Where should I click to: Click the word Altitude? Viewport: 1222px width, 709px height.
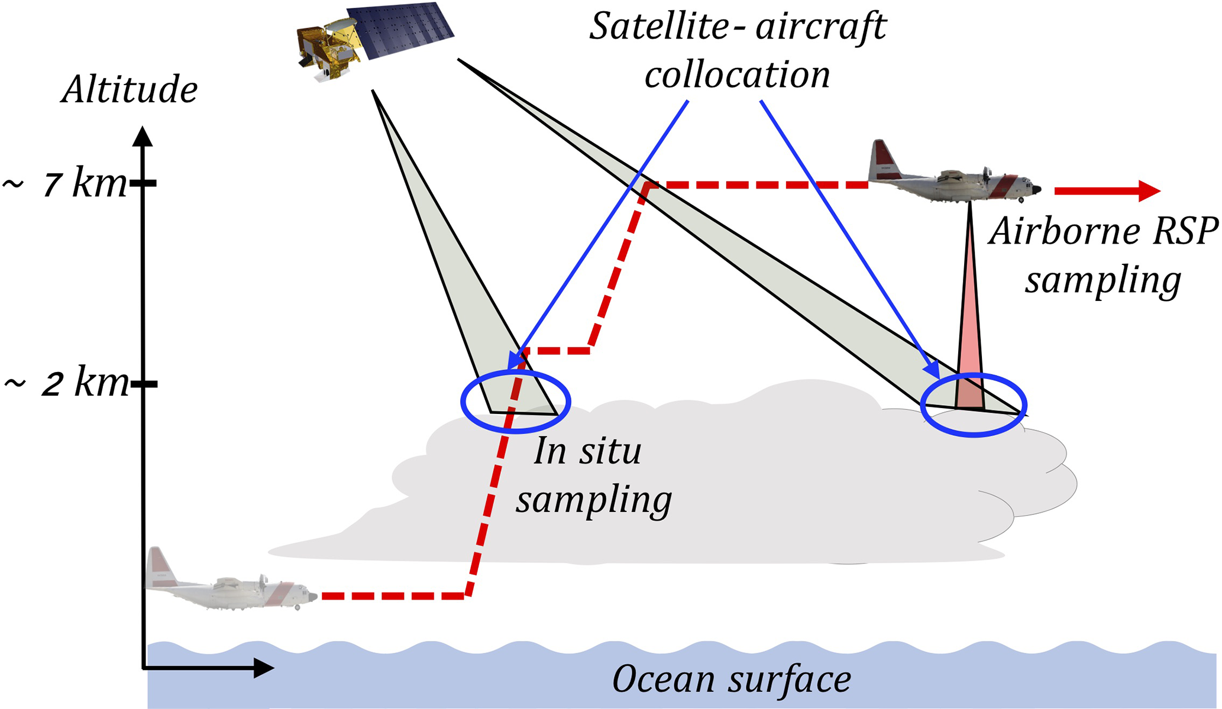pyautogui.click(x=129, y=90)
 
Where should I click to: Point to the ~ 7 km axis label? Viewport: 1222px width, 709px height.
pyautogui.click(x=65, y=184)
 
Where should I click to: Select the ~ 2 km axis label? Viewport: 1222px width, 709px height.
pyautogui.click(x=66, y=384)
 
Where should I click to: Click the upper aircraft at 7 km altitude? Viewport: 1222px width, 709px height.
pyautogui.click(x=952, y=174)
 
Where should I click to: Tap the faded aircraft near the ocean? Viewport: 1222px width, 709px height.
pyautogui.click(x=231, y=585)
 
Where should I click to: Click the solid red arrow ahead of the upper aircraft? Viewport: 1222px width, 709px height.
pyautogui.click(x=1106, y=190)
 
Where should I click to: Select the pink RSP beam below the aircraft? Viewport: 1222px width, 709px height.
pyautogui.click(x=970, y=343)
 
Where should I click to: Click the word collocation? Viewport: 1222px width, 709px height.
pyautogui.click(x=737, y=76)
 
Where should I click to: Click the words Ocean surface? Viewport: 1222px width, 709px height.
pyautogui.click(x=731, y=679)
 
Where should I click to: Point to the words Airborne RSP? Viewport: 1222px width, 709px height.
pyautogui.click(x=1103, y=231)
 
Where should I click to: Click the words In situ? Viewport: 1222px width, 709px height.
pyautogui.click(x=587, y=452)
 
